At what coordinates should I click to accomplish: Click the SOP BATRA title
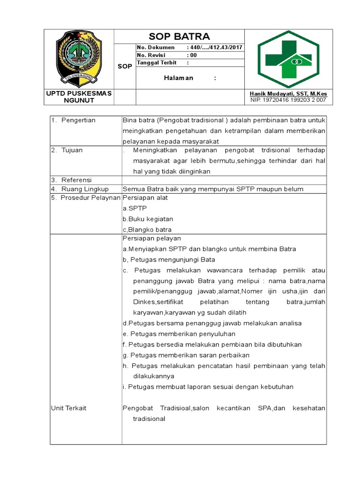(x=179, y=37)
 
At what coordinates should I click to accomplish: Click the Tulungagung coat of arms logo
(x=79, y=59)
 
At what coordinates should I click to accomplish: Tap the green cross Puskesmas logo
(x=288, y=59)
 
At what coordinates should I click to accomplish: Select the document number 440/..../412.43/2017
(x=214, y=47)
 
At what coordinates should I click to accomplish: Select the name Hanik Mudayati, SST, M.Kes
(x=288, y=94)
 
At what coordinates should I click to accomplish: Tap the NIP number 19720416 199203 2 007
(x=288, y=100)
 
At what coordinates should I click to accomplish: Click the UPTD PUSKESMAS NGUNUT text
(x=79, y=97)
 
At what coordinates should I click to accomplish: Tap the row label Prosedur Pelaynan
(x=85, y=198)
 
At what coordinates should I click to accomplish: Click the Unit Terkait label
(x=68, y=408)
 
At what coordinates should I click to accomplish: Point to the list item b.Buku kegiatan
(x=148, y=219)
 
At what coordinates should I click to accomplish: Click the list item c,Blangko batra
(x=147, y=230)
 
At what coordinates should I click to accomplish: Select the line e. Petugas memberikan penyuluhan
(x=179, y=334)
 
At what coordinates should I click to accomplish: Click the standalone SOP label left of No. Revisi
(x=125, y=67)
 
